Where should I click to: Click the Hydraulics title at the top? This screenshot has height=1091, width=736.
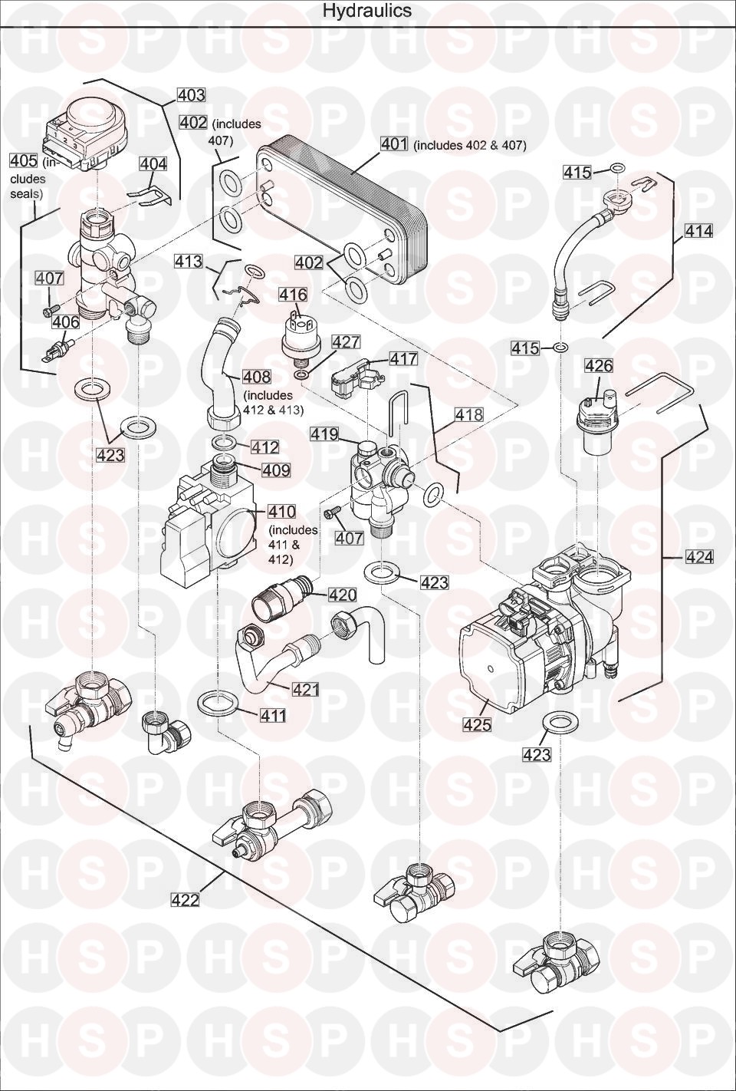coord(366,11)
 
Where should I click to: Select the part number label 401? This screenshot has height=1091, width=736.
coord(395,144)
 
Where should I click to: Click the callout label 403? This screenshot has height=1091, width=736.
coord(191,95)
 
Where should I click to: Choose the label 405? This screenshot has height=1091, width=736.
coord(23,160)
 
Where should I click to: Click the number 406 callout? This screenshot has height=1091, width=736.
coord(66,322)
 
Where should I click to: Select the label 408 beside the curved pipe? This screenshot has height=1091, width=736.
coord(256,377)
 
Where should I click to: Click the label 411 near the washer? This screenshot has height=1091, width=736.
coord(272,716)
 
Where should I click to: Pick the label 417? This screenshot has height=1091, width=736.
coord(403,358)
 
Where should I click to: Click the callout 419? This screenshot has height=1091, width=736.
coord(324,434)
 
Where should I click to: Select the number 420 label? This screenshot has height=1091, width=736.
coord(343,595)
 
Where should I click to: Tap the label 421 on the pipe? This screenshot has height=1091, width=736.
coord(305,690)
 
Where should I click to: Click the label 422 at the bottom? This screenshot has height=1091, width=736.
coord(185,900)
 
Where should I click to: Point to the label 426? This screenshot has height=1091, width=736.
coord(598,366)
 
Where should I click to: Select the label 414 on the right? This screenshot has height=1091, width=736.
coord(698,230)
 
